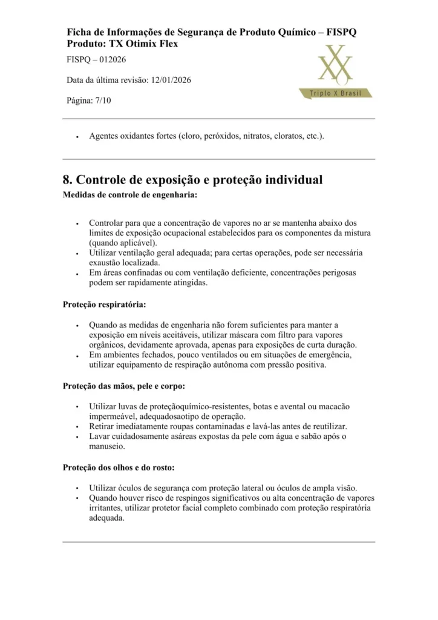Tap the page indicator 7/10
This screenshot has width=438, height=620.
click(102, 101)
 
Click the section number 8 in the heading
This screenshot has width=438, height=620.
click(67, 180)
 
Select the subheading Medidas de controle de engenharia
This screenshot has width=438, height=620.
click(130, 195)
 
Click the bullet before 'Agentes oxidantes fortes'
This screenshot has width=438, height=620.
click(77, 137)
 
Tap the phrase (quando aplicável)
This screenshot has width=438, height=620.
click(122, 243)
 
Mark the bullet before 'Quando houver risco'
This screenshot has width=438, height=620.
click(77, 498)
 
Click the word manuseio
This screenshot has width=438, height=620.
click(107, 446)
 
